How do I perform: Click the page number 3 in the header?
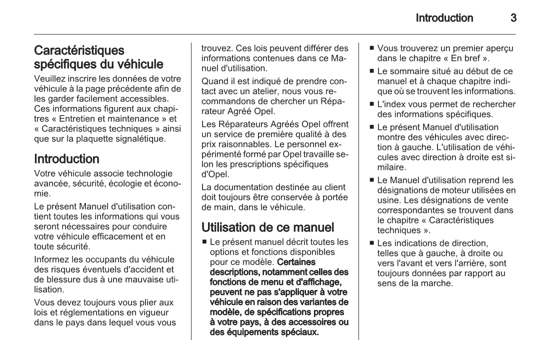coord(513,18)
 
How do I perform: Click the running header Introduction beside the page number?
coord(444,18)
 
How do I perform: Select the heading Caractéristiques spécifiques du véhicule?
coord(98,57)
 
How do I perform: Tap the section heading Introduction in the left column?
coord(66,159)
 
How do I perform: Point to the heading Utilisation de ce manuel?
coord(267,227)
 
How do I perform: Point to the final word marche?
coord(438,283)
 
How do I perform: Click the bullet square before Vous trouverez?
coord(371,48)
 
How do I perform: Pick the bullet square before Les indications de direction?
coord(371,243)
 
